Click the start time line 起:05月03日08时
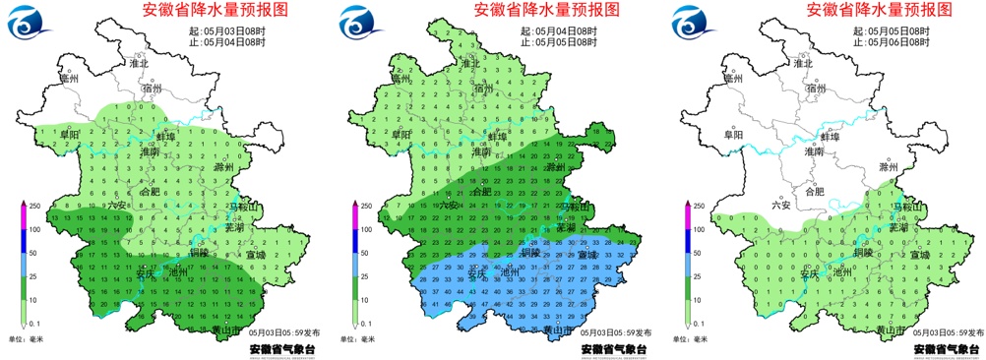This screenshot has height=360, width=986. pyautogui.click(x=232, y=30)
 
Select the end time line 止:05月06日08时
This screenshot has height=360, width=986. pyautogui.click(x=895, y=42)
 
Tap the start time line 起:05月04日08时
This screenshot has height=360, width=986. pyautogui.click(x=564, y=30)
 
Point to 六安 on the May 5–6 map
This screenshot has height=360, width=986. pyautogui.click(x=782, y=205)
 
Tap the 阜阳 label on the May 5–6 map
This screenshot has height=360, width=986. pyautogui.click(x=735, y=135)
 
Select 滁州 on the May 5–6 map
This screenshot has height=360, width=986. pyautogui.click(x=890, y=167)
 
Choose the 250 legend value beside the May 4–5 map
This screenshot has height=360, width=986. pyautogui.click(x=368, y=206)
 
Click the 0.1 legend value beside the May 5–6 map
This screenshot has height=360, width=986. pyautogui.click(x=699, y=323)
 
